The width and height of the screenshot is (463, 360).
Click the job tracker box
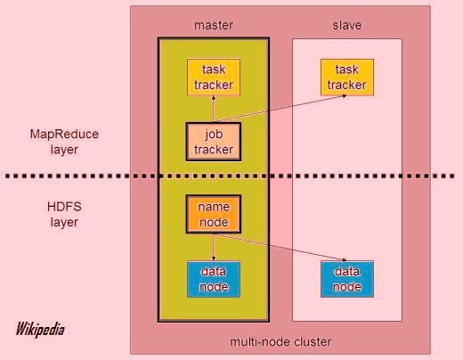[213, 141]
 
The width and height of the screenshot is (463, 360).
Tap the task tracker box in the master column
[213, 77]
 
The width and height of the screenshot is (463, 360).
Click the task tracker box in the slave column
[346, 77]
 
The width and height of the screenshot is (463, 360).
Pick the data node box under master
[213, 279]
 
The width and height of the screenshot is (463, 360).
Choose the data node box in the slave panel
[346, 279]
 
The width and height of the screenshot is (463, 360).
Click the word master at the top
[213, 25]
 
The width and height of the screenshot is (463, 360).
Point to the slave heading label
[346, 25]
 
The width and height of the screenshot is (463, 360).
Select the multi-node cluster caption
[280, 341]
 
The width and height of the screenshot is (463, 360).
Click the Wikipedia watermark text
[40, 329]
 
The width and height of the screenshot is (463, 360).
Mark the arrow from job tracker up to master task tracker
[213, 109]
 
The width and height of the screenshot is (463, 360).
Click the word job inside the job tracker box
[213, 134]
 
